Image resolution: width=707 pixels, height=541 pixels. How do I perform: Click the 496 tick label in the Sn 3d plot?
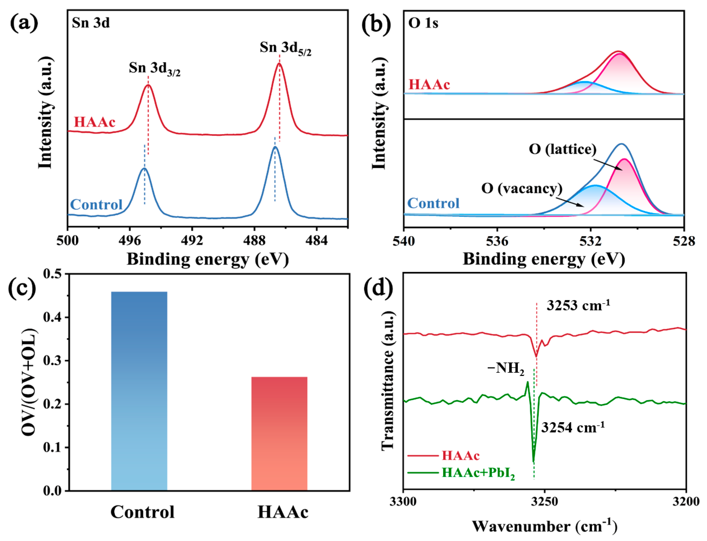[x=130, y=241]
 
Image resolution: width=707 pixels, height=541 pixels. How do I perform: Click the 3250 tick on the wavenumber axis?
[x=544, y=502]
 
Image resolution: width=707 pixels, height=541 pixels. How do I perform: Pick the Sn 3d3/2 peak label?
[x=155, y=69]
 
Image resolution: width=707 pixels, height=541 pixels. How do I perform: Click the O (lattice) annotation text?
[x=562, y=149]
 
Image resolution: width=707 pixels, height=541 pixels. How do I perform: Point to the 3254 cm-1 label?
[x=573, y=428]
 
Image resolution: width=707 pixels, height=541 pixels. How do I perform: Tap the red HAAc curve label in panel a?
[x=94, y=122]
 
